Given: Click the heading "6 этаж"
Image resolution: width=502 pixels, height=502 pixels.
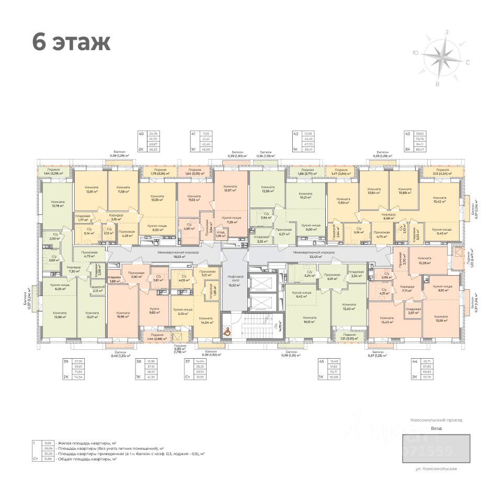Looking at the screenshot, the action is click(x=71, y=42).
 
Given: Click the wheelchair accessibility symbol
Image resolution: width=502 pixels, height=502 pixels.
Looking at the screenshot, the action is click(x=227, y=330).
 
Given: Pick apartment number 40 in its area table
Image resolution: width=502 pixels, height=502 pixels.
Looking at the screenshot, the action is click(x=141, y=134).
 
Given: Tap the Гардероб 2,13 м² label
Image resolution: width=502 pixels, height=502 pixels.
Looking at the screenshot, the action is click(x=97, y=288).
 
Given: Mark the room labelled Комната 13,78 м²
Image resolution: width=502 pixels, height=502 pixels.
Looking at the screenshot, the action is click(x=58, y=204).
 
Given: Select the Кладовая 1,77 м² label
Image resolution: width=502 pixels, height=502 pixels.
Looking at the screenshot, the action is click(x=83, y=218).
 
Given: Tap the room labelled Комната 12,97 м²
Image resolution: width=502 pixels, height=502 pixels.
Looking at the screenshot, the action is click(x=230, y=189).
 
